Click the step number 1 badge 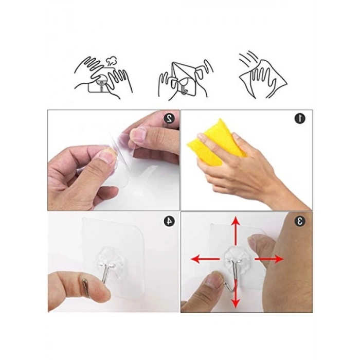300,118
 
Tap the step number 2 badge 169,118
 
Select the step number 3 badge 300,221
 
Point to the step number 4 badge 169,221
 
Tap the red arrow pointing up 236,231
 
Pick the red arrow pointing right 269,259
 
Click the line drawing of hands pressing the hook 103,78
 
